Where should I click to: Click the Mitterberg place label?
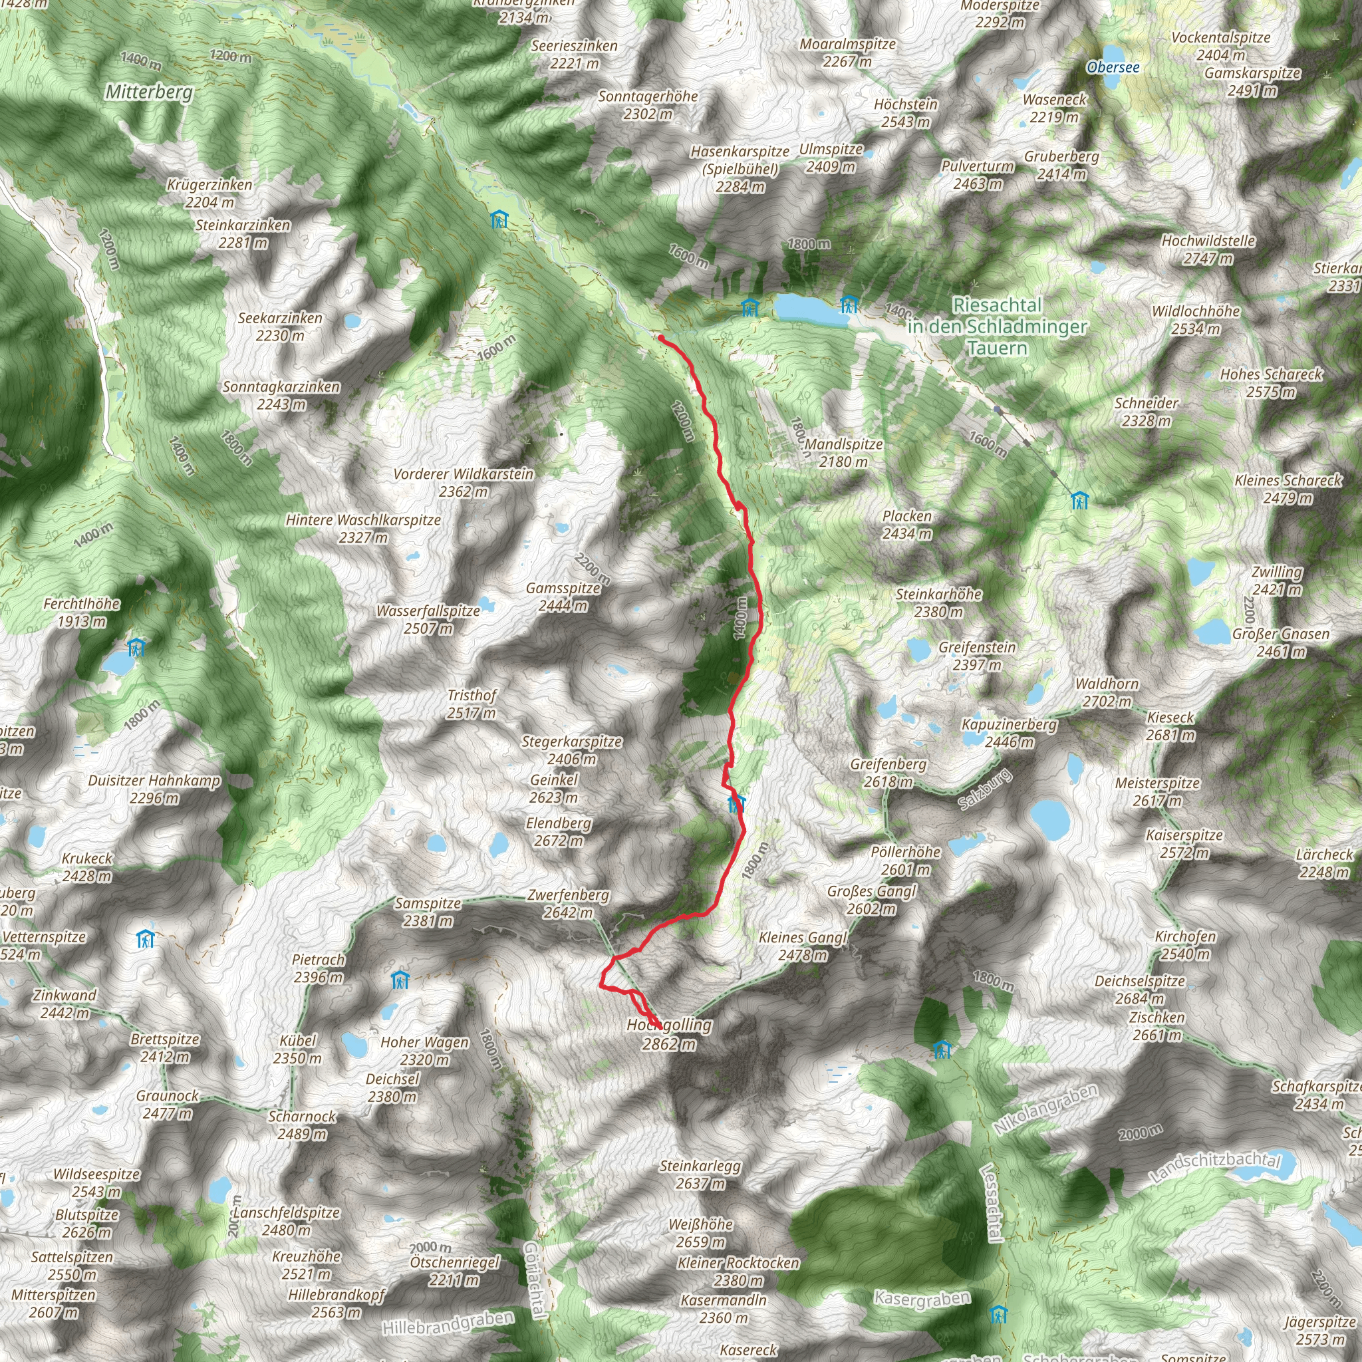click(149, 92)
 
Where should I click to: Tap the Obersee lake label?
click(1113, 68)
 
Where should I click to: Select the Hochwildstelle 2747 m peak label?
click(1208, 249)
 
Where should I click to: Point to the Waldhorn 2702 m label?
click(1107, 692)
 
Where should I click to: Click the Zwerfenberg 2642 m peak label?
click(568, 904)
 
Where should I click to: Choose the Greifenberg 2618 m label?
click(888, 773)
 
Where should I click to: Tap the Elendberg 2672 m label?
click(559, 832)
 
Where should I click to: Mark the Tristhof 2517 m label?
click(472, 704)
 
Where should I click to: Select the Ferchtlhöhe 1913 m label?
click(82, 613)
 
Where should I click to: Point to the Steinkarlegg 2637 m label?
click(700, 1174)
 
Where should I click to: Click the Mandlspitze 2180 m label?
click(843, 453)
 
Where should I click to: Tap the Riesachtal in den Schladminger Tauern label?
click(997, 327)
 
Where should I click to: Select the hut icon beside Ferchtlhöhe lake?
click(136, 646)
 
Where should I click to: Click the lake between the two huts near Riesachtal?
click(811, 309)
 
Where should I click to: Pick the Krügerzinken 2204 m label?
click(209, 193)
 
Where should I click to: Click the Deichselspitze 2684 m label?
click(1140, 989)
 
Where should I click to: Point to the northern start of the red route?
click(660, 338)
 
